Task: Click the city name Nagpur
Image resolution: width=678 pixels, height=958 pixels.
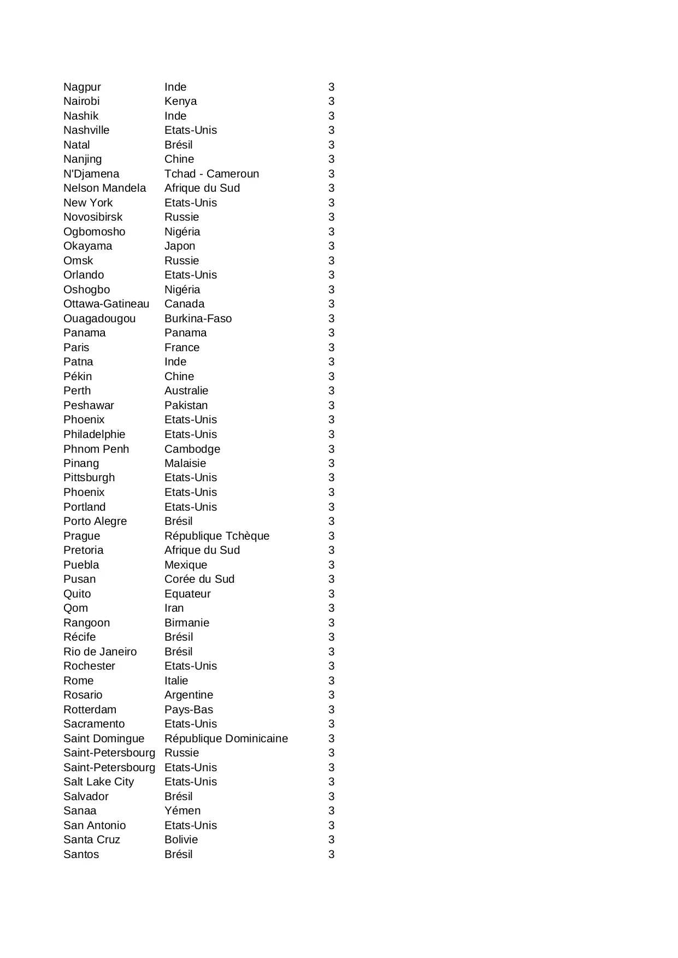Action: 82,87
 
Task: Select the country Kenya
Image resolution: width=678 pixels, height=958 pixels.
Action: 180,101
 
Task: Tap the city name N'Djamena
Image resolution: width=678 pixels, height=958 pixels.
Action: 91,174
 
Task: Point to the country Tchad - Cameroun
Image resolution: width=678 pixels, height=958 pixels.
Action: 211,174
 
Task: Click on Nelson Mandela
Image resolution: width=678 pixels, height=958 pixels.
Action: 104,188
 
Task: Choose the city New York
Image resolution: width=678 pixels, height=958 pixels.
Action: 88,203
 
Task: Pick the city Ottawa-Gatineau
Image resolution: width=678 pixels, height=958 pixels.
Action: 106,304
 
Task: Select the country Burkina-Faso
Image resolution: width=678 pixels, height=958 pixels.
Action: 198,318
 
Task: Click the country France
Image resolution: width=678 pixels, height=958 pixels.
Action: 182,347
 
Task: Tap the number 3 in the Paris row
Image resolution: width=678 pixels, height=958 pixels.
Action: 331,347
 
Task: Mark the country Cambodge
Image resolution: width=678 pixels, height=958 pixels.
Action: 192,449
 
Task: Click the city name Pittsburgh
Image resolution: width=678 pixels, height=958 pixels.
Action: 89,477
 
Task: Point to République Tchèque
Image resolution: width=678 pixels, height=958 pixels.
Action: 217,536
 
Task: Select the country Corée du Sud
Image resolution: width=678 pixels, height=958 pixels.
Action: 199,579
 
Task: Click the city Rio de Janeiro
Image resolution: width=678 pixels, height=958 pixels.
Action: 100,652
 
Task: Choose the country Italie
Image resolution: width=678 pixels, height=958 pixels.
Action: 176,681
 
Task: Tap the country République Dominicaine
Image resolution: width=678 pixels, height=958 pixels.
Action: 226,738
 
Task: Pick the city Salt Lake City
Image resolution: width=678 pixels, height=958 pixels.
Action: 98,782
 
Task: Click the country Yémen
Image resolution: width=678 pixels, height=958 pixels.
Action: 182,811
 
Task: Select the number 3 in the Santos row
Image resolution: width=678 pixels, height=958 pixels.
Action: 331,854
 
